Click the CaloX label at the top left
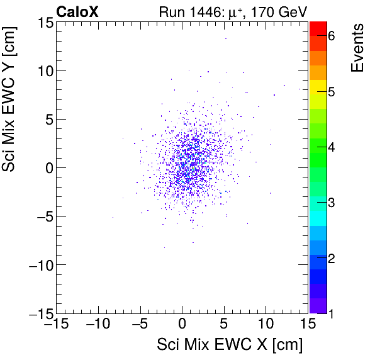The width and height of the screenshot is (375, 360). [77, 11]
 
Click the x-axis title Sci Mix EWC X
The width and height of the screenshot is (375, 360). [230, 345]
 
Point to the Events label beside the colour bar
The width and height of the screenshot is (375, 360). [357, 48]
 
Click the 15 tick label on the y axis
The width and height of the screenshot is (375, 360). [43, 23]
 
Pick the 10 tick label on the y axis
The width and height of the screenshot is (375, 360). [43, 70]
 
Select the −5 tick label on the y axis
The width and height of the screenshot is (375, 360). [41, 216]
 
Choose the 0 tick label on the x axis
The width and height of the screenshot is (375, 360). [182, 323]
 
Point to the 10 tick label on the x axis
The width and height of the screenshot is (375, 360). [266, 323]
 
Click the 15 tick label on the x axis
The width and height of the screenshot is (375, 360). [307, 323]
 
